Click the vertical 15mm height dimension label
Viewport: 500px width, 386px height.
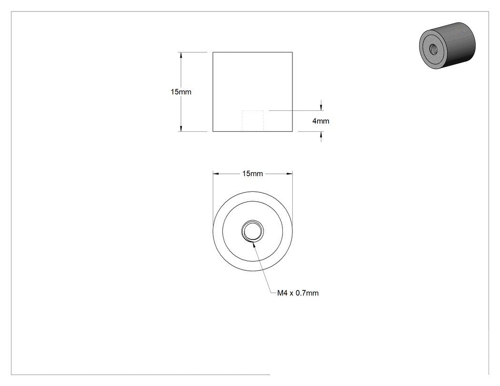(181, 92)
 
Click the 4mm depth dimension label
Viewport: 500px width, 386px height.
(320, 121)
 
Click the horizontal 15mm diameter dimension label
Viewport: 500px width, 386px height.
(252, 174)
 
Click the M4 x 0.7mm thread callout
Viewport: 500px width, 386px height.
(298, 293)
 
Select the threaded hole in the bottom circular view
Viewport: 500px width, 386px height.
(252, 231)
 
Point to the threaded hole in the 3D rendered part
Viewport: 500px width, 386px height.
(433, 49)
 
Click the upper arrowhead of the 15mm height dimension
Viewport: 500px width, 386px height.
(181, 55)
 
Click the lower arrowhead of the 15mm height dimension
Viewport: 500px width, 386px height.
(181, 129)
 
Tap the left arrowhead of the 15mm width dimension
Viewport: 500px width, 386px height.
(216, 174)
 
